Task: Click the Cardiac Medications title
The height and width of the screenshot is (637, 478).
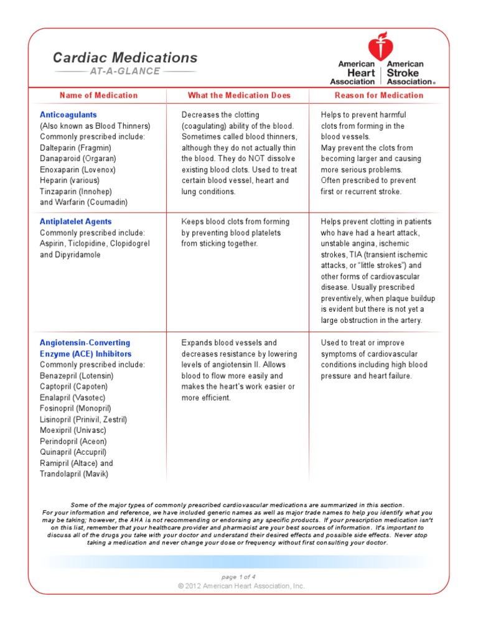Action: [x=125, y=58]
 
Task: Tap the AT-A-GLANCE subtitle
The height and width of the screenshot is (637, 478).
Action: [x=125, y=72]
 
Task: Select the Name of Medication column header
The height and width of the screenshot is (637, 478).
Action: [x=98, y=95]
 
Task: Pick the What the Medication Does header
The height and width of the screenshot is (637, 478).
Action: [x=239, y=95]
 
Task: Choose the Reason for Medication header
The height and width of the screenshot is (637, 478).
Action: [x=379, y=95]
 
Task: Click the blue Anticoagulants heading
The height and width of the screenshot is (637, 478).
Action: [x=68, y=115]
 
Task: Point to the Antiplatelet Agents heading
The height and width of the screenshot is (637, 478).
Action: [x=76, y=221]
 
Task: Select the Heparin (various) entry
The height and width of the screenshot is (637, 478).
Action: [x=72, y=180]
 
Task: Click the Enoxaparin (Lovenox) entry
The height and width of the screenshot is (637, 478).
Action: [x=78, y=169]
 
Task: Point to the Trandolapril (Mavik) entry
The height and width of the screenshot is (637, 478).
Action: [x=74, y=474]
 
